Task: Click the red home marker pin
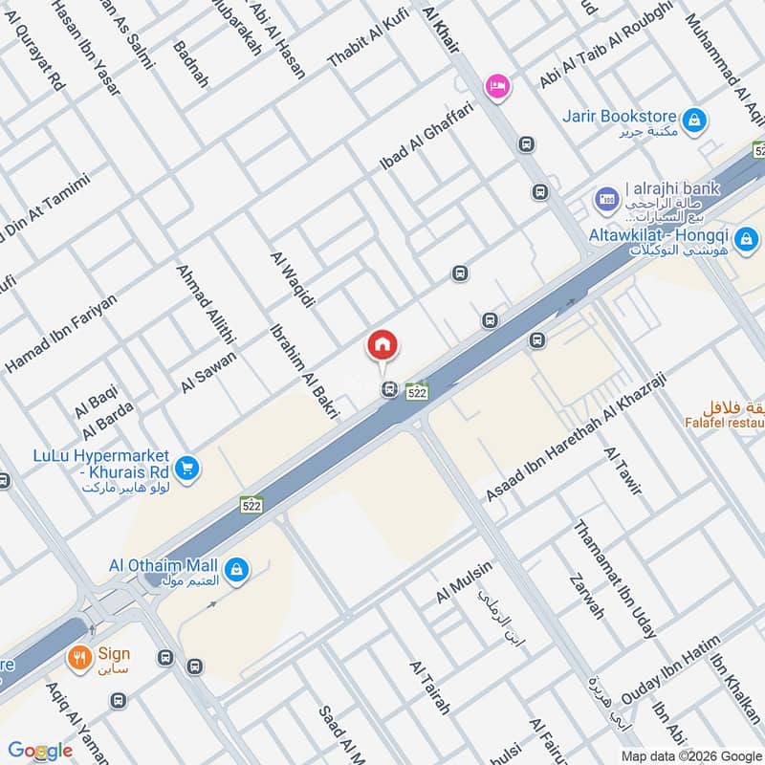click(382, 346)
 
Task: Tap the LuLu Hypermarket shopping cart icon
click(188, 467)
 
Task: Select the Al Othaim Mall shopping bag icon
click(237, 571)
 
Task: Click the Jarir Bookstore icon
click(699, 120)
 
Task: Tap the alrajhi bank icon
click(605, 199)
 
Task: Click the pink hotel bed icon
click(497, 86)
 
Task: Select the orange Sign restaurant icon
click(78, 658)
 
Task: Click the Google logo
click(40, 750)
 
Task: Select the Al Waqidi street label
click(293, 278)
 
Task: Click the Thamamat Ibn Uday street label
click(614, 579)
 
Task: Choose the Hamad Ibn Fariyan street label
click(62, 333)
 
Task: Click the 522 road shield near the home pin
click(416, 392)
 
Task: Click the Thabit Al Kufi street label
click(367, 38)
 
